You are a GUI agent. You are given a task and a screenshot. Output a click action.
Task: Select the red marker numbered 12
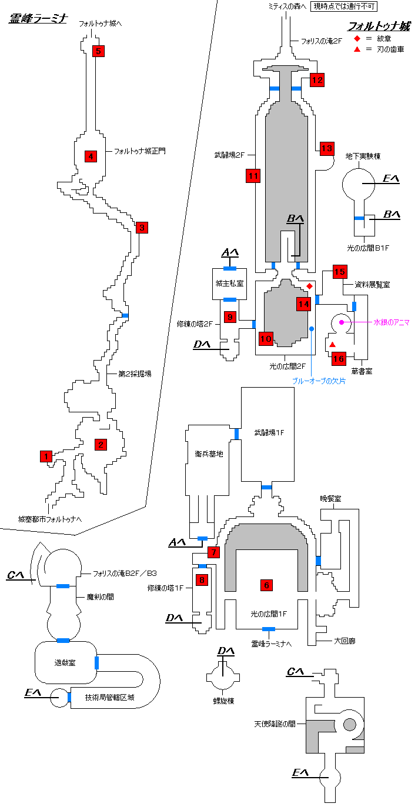(x=317, y=80)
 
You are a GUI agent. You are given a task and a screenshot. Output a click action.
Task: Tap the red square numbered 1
(x=46, y=456)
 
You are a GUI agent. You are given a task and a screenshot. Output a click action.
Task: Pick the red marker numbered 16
(x=339, y=358)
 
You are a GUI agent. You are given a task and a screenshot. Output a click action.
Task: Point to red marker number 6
(x=266, y=585)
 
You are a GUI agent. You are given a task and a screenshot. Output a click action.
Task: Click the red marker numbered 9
(x=230, y=317)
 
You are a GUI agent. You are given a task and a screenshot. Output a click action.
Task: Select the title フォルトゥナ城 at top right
(x=379, y=26)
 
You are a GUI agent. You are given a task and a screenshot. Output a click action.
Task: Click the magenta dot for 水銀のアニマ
(x=341, y=322)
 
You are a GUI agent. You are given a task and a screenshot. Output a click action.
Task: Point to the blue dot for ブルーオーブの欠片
(x=312, y=328)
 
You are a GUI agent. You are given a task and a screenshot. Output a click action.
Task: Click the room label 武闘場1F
(x=269, y=432)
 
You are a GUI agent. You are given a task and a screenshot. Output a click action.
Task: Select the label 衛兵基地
(x=209, y=454)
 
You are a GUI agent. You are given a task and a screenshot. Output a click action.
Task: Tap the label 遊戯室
(x=65, y=662)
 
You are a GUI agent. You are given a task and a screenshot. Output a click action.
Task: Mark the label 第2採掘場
(x=135, y=374)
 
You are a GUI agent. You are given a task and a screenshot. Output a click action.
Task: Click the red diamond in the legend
(x=356, y=38)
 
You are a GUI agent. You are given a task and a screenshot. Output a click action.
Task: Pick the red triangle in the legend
(x=356, y=49)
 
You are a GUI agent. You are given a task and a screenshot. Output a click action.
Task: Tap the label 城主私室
(x=229, y=283)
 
